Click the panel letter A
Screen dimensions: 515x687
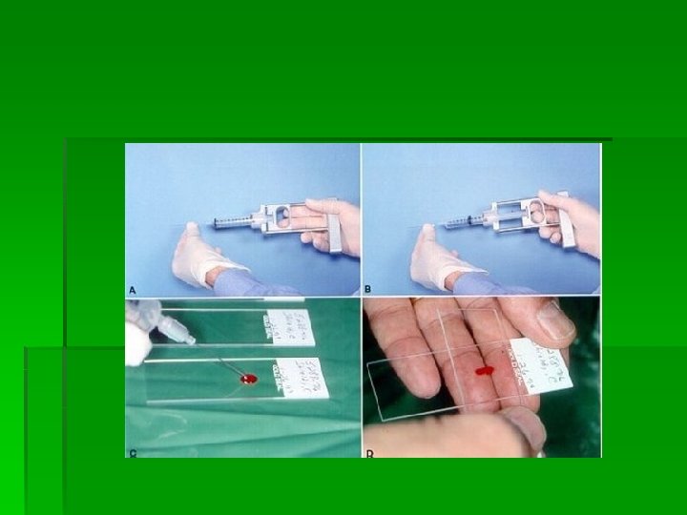click(x=134, y=287)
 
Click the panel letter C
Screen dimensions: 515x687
click(x=134, y=451)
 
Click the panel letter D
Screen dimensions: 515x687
click(x=369, y=451)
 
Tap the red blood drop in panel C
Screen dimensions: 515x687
click(x=249, y=380)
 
